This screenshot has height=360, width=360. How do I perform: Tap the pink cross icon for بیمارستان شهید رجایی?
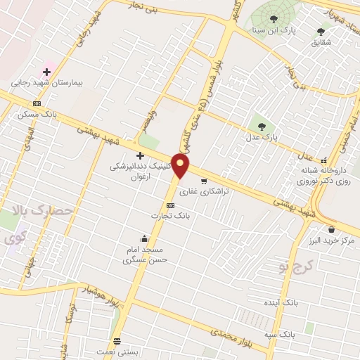click(x=47, y=72)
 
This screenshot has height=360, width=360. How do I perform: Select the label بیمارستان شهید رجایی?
click(x=47, y=83)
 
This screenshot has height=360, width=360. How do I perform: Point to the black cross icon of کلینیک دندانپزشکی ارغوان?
click(x=140, y=155)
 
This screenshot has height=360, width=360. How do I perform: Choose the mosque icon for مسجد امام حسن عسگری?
click(x=144, y=238)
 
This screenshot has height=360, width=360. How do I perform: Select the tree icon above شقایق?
click(x=321, y=32)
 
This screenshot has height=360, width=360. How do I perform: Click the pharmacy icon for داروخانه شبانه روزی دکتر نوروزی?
click(x=324, y=160)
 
